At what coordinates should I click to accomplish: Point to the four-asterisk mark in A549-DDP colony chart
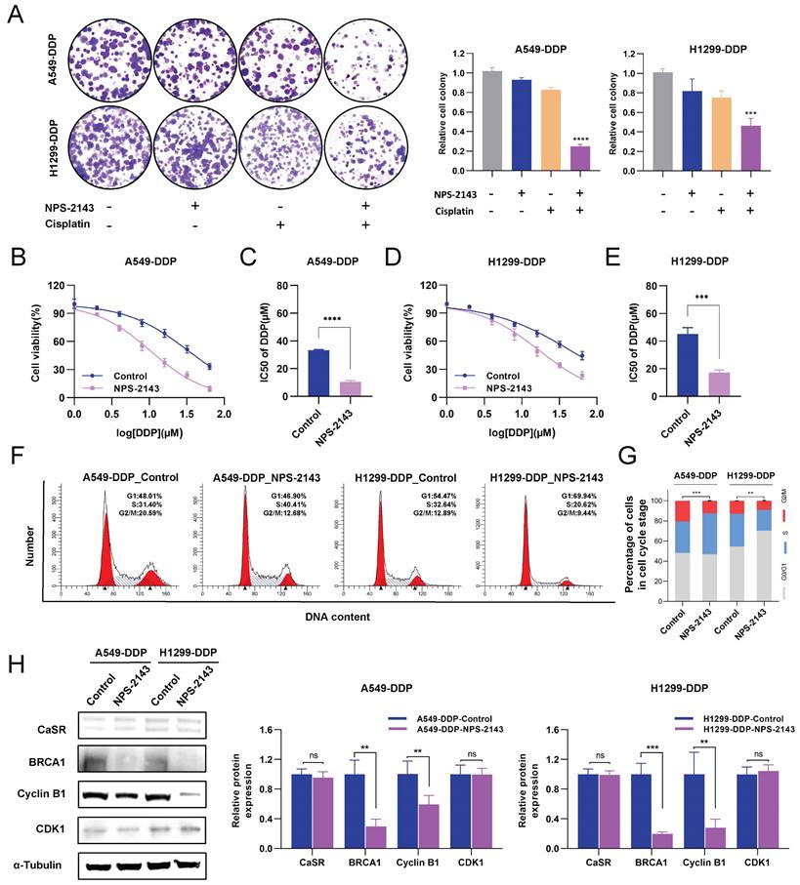pyautogui.click(x=553, y=139)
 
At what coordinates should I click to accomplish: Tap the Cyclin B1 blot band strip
pyautogui.click(x=148, y=794)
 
